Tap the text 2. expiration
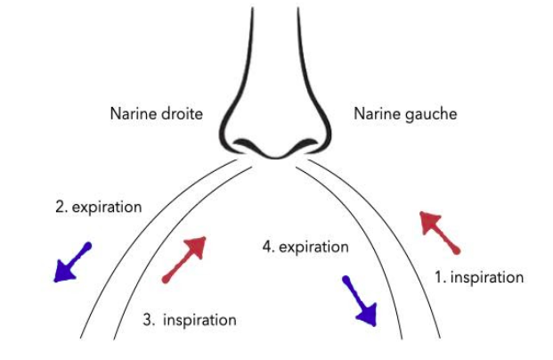point(98,207)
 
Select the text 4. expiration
point(305,246)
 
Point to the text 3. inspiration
point(190,320)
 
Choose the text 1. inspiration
point(478,278)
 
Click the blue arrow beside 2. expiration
point(71,263)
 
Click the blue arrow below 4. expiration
point(359,300)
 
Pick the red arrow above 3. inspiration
point(185,259)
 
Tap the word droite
point(182,114)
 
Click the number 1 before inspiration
point(439,278)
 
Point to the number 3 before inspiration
point(148,320)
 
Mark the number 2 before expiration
point(59,207)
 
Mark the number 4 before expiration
point(268,246)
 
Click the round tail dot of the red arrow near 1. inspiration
point(458,250)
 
